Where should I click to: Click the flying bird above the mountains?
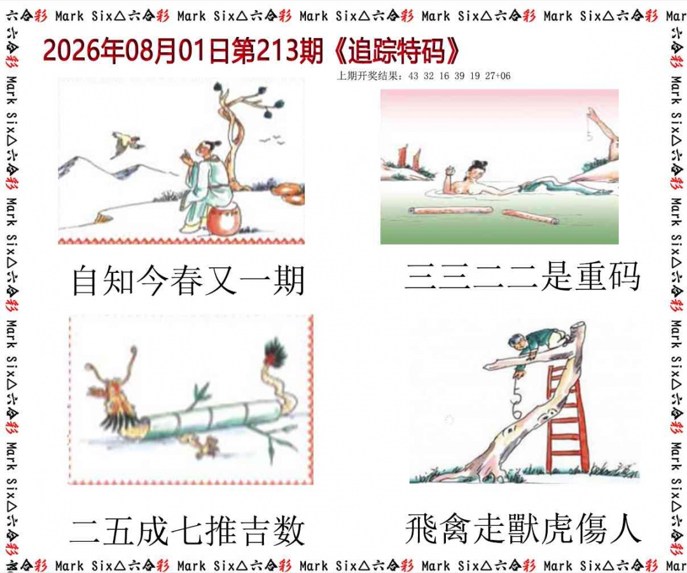click(x=126, y=143)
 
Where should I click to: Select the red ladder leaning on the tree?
click(x=566, y=418)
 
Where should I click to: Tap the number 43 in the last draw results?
click(x=413, y=76)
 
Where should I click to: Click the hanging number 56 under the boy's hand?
click(x=517, y=401)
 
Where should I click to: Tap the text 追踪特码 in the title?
click(x=396, y=52)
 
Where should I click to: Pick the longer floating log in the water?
click(x=451, y=211)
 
